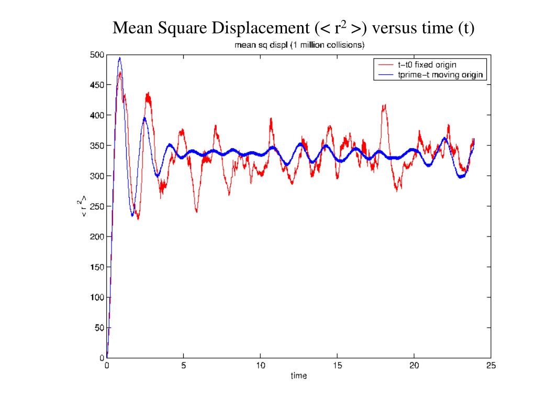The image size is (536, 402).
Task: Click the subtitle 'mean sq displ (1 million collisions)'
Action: click(299, 46)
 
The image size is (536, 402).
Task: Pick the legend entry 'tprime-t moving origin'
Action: click(437, 75)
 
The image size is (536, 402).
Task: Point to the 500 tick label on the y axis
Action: click(97, 54)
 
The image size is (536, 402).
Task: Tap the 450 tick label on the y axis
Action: click(97, 85)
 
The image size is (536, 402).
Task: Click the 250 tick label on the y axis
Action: click(97, 206)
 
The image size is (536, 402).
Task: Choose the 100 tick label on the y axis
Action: click(97, 297)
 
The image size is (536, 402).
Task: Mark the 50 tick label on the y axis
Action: click(99, 328)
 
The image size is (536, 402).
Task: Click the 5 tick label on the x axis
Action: click(183, 366)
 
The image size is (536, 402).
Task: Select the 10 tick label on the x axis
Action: click(260, 366)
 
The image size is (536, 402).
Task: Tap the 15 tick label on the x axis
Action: click(337, 366)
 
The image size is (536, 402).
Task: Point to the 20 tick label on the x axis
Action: click(414, 366)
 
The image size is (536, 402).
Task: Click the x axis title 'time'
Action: click(299, 376)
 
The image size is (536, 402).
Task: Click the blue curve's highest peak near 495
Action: click(120, 58)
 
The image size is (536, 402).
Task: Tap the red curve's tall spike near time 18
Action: click(384, 106)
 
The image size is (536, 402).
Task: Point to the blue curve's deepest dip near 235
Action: click(132, 215)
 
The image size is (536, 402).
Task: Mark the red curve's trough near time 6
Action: click(196, 211)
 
